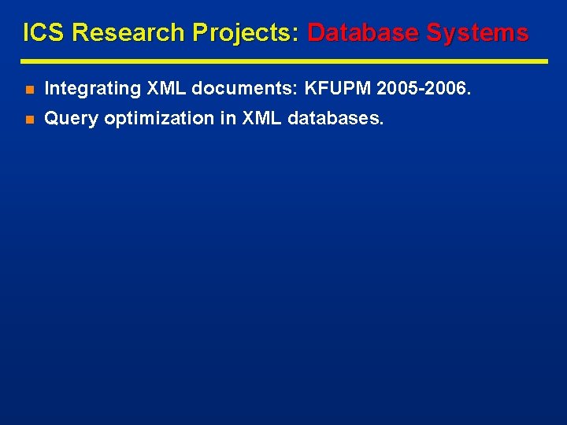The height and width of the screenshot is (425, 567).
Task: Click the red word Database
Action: coord(363,33)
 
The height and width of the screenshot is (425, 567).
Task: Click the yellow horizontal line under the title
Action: coord(283,61)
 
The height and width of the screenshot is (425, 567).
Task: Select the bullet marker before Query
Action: coord(29,120)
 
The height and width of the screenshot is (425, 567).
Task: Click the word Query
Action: coord(72,119)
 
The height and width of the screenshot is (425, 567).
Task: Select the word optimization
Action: coord(159,119)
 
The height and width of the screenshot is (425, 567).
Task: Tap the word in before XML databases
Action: coord(228,119)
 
